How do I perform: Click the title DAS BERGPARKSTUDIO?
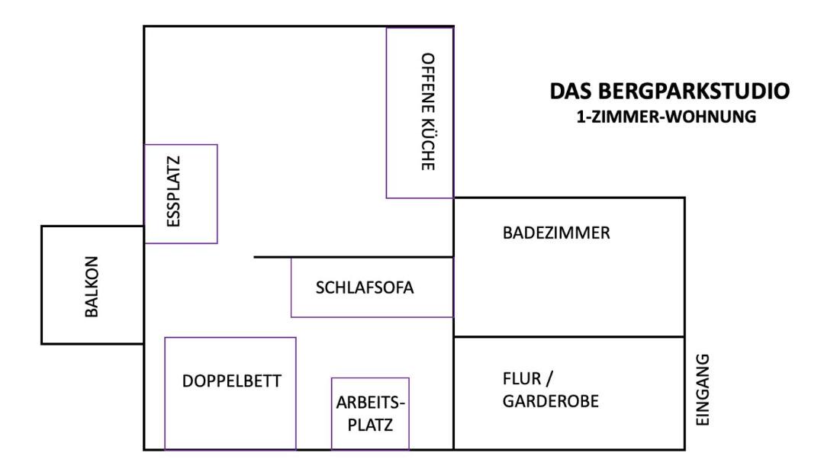[x=669, y=92]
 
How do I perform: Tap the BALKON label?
[x=92, y=284]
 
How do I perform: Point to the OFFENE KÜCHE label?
[x=428, y=111]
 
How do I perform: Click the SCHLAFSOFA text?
[x=365, y=288]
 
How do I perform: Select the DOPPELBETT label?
[x=232, y=381]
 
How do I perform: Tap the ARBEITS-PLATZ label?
[x=370, y=414]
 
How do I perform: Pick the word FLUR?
[x=520, y=378]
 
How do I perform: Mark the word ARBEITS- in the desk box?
[x=372, y=403]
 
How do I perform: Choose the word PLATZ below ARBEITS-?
[x=370, y=425]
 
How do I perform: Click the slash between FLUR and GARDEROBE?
[x=545, y=378]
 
